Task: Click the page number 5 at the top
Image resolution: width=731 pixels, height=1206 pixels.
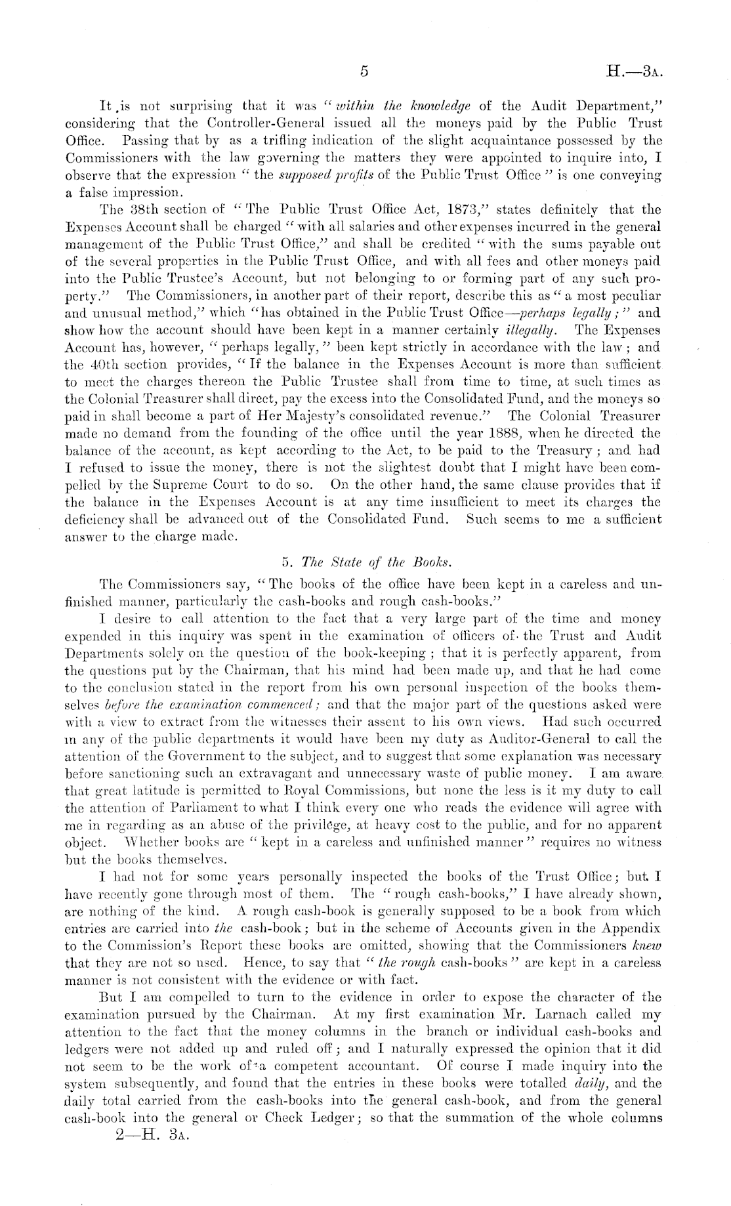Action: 364,71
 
